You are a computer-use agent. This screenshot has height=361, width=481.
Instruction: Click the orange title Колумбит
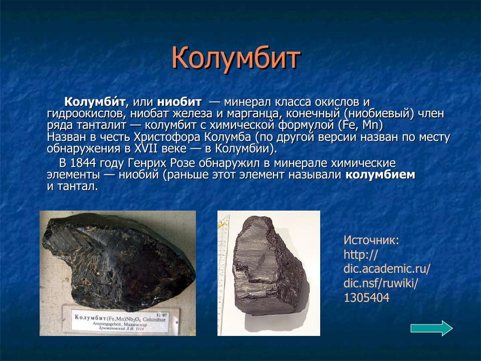coord(235,58)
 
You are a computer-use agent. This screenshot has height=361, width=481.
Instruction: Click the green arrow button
coord(431,328)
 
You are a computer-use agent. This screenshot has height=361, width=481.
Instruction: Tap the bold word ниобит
coord(179,102)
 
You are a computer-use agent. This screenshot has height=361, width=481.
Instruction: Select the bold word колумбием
coord(380,175)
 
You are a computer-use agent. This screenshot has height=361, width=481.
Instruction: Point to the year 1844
coord(83,163)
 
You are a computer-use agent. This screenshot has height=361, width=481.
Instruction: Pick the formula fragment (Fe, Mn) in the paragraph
coord(360,125)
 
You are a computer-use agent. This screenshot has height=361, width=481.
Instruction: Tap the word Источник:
coord(371,240)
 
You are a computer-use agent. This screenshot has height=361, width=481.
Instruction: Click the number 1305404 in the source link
coord(366,298)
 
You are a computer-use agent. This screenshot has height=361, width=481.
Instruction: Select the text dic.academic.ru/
coord(386,269)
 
